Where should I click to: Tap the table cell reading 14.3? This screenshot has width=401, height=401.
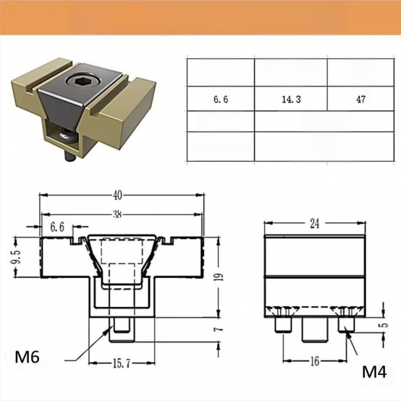coord(291,99)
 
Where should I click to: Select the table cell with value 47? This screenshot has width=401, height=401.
coord(360,99)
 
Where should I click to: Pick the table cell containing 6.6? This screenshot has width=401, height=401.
coord(221,99)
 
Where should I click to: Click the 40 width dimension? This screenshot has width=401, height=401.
coord(117,195)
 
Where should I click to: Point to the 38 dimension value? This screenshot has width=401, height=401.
coord(117,215)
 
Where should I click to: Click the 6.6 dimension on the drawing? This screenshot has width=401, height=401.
coord(57,227)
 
